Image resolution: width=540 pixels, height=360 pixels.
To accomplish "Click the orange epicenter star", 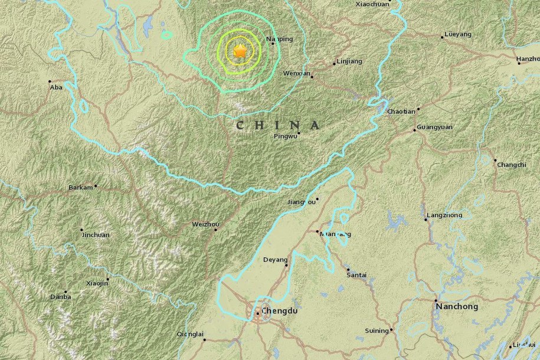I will pos(240,52).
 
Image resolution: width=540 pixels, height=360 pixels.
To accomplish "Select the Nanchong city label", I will pos(456,306).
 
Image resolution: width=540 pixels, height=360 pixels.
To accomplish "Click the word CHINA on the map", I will pos(278,125).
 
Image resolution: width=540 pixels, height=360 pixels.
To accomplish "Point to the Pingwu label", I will pos(286,138).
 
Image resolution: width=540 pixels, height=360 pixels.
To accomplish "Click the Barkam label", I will pos(81,187).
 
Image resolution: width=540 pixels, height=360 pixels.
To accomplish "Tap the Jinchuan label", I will pos(95,234).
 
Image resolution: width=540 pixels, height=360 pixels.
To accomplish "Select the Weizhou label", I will pos(205,224).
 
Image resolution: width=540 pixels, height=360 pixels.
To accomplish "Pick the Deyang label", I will pos(276,260).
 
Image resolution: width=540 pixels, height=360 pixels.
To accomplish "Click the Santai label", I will pos(357,274).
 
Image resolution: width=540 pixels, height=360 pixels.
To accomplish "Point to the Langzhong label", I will pos(444,215).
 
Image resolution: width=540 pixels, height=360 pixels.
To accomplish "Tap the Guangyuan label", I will pos(434,127).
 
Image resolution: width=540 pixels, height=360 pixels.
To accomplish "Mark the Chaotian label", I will pos(401,112).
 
